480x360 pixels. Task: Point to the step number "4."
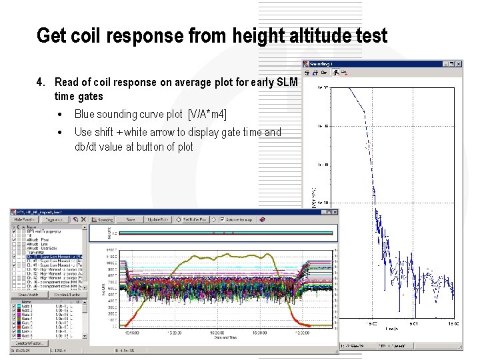pos(41,83)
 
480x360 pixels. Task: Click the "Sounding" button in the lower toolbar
pos(103,219)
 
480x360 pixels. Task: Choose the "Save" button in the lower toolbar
pos(131,219)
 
